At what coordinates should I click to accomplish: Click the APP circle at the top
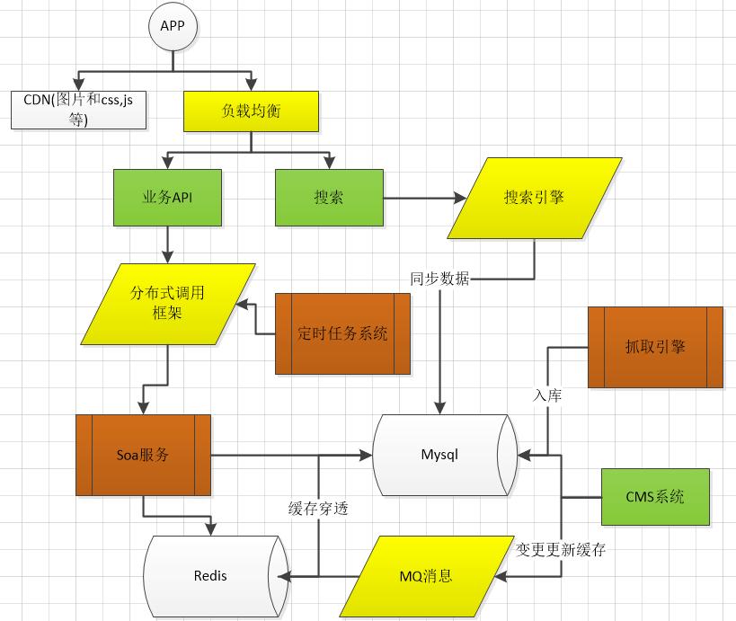coord(172,26)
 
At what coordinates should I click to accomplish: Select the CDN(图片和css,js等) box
coord(78,109)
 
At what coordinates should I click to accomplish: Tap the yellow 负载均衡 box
coord(251,111)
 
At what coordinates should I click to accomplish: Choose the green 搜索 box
coord(328,198)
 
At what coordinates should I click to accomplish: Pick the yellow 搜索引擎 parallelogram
coord(534,198)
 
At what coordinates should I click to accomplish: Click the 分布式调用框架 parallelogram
coord(167,304)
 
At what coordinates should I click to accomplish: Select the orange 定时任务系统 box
coord(342,333)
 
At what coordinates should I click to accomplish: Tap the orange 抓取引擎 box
coord(655,347)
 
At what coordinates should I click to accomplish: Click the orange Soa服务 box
coord(143,455)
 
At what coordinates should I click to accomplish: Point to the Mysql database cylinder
coord(440,455)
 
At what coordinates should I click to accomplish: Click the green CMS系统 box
coord(655,496)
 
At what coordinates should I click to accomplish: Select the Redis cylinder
coord(211,575)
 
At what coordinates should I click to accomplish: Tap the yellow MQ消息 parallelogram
coord(425,576)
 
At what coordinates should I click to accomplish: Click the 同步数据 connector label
coord(439,279)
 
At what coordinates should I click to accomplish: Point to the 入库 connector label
coord(547,395)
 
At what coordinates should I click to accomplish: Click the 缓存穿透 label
coord(318,509)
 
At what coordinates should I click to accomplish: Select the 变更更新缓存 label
coord(561,549)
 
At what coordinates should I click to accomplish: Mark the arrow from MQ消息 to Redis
coord(315,576)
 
